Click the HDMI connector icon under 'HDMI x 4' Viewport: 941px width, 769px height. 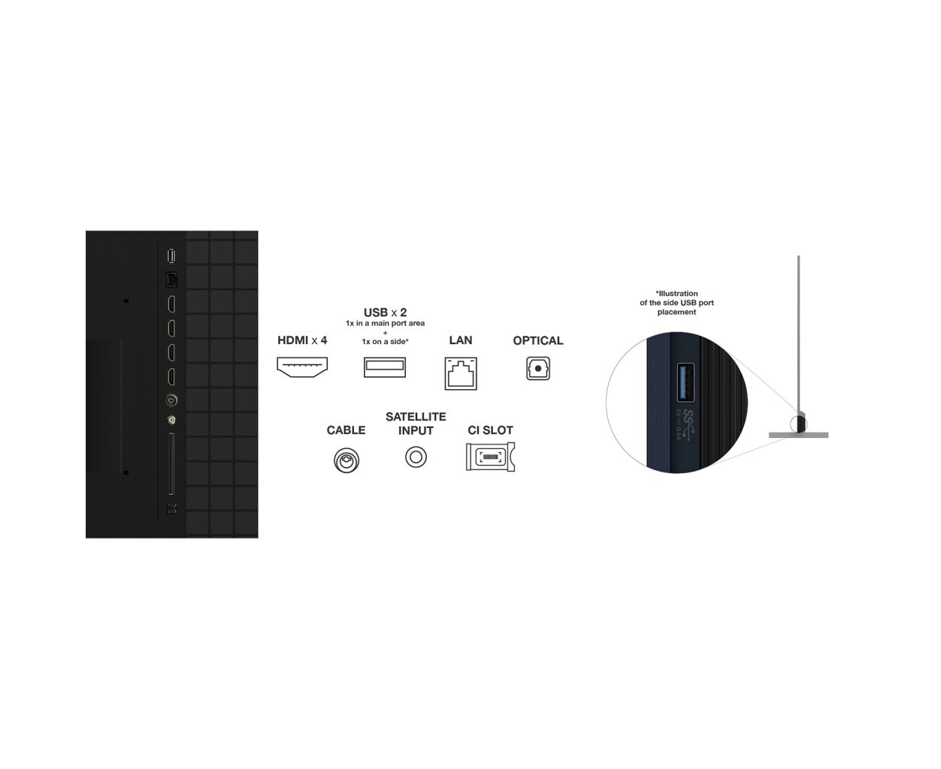pyautogui.click(x=302, y=367)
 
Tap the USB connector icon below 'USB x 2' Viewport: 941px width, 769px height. pyautogui.click(x=385, y=367)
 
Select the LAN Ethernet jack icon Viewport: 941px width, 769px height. pyautogui.click(x=461, y=372)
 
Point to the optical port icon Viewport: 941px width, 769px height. pyautogui.click(x=538, y=368)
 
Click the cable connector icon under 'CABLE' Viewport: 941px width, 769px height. pyautogui.click(x=346, y=460)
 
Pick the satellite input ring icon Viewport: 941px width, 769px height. pyautogui.click(x=416, y=457)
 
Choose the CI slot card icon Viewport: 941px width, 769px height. pyautogui.click(x=490, y=457)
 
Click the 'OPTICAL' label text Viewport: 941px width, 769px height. pyautogui.click(x=538, y=341)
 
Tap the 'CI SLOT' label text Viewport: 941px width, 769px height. pyautogui.click(x=490, y=430)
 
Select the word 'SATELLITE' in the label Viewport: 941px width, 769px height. pyautogui.click(x=416, y=417)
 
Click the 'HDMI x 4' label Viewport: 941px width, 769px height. pyautogui.click(x=302, y=341)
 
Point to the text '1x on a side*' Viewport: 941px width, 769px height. pyautogui.click(x=385, y=342)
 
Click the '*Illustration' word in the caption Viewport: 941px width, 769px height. pyautogui.click(x=676, y=294)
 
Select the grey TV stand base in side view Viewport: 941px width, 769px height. pyautogui.click(x=798, y=435)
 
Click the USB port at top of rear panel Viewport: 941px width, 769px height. pyautogui.click(x=171, y=256)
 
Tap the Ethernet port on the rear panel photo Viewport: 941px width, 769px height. pyautogui.click(x=171, y=279)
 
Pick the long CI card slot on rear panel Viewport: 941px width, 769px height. pyautogui.click(x=171, y=464)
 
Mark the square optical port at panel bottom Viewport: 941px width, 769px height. pyautogui.click(x=171, y=508)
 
